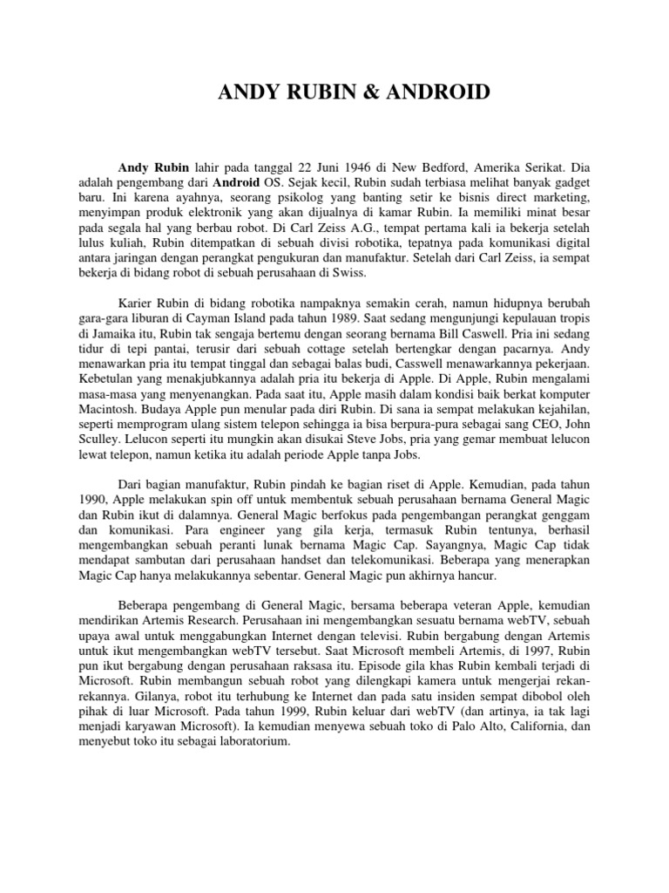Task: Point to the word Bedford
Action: tap(464, 166)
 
